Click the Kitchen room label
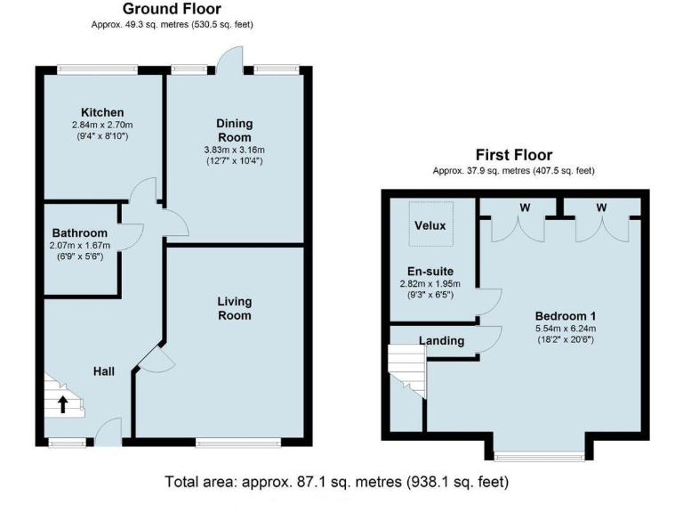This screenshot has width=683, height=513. (x=102, y=111)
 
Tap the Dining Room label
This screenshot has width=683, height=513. (x=235, y=130)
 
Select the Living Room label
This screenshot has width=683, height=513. (x=235, y=308)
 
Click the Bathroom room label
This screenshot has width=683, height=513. (x=79, y=232)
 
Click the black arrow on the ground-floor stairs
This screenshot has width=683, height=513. (x=63, y=405)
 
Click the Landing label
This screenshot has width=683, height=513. (x=442, y=340)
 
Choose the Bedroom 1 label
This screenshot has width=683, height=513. (x=565, y=316)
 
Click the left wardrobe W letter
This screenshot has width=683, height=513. (x=526, y=208)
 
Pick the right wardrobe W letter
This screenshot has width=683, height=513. (x=601, y=208)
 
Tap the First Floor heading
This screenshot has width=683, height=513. (x=513, y=155)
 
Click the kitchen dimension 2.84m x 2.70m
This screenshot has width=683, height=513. (x=102, y=126)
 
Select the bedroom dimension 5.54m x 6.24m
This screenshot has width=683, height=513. (x=565, y=330)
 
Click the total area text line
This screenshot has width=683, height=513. (x=337, y=483)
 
